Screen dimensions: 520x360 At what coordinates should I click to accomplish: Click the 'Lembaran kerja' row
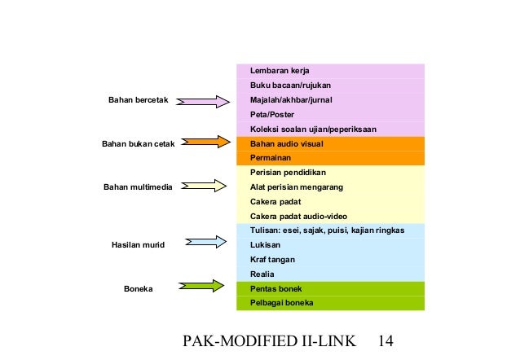[x=330, y=70]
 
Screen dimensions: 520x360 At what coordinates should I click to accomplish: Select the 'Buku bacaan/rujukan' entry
[x=330, y=85]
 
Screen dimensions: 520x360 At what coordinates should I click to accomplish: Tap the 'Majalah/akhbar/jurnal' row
[x=330, y=99]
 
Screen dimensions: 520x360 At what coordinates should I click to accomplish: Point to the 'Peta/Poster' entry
[x=330, y=114]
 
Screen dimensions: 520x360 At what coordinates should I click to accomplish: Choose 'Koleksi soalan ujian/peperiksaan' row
[x=330, y=129]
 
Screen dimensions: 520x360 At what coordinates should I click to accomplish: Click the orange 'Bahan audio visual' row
[x=330, y=143]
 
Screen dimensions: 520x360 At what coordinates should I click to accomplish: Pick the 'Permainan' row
[x=330, y=158]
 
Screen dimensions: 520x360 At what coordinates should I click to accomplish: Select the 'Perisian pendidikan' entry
[x=330, y=173]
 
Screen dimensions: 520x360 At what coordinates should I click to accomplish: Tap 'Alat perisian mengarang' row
[x=330, y=187]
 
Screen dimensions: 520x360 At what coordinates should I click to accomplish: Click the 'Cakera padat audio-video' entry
[x=330, y=216]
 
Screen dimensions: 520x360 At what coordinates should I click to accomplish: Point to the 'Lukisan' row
[x=330, y=244]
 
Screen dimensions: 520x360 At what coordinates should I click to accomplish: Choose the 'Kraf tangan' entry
[x=330, y=259]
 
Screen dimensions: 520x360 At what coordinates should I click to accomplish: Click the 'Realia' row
[x=330, y=274]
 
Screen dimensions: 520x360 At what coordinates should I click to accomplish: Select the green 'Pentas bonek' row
[x=330, y=288]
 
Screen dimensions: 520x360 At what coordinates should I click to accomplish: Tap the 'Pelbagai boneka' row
[x=330, y=303]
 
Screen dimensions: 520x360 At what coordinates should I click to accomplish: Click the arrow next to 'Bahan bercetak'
[x=204, y=101]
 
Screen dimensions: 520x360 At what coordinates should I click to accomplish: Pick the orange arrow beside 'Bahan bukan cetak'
[x=204, y=143]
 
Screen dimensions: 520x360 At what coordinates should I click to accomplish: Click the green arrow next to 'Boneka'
[x=204, y=286]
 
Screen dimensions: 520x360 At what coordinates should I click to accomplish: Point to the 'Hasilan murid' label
[x=134, y=244]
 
